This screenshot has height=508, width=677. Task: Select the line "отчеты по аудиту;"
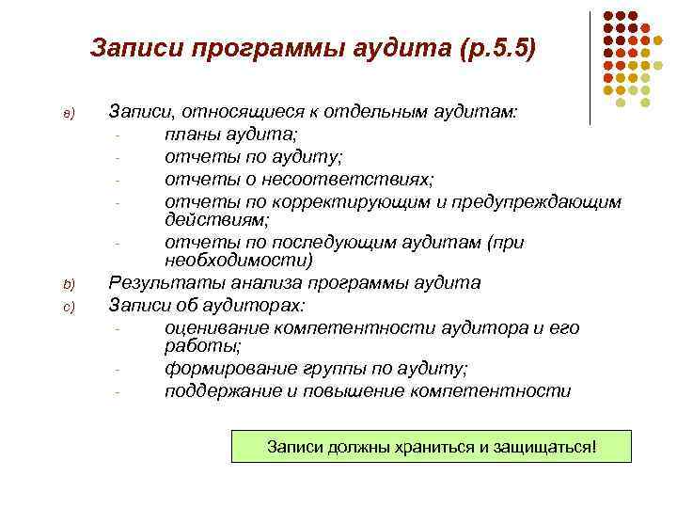coord(240,156)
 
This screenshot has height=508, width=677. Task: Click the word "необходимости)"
coord(238,261)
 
